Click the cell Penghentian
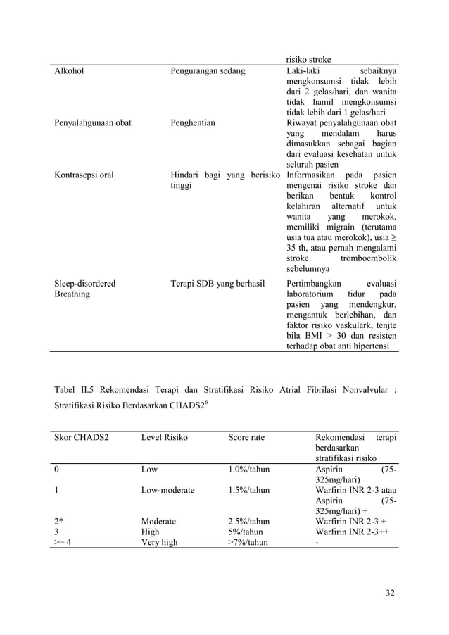tap(193, 123)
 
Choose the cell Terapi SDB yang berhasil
tap(217, 284)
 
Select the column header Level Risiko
tap(164, 438)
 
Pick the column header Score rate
tap(246, 438)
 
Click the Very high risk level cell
tap(159, 543)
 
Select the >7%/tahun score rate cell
tap(248, 543)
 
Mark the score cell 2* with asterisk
tap(58, 522)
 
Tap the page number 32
tap(390, 593)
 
